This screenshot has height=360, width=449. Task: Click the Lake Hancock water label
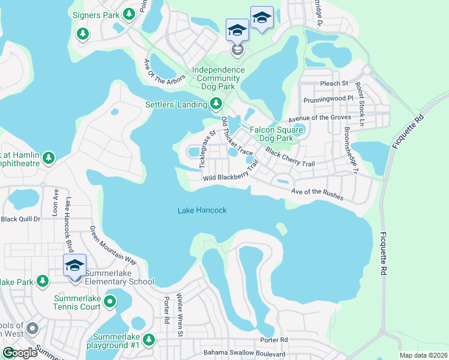pyautogui.click(x=202, y=211)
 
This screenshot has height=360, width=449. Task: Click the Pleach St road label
pyautogui.click(x=334, y=83)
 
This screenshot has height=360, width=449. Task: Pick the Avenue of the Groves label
pyautogui.click(x=319, y=118)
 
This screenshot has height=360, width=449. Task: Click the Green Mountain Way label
pyautogui.click(x=113, y=245)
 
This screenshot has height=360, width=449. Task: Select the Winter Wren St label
pyautogui.click(x=179, y=311)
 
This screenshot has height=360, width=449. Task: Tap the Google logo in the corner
pyautogui.click(x=19, y=353)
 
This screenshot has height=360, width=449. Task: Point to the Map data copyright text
pyautogui.click(x=423, y=355)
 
